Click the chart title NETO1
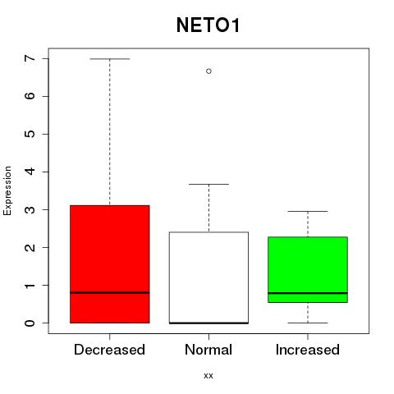(x=208, y=25)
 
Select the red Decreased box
(x=110, y=264)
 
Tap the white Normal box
(x=208, y=277)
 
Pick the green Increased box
(x=308, y=269)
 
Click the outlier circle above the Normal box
(x=208, y=71)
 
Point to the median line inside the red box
(x=110, y=293)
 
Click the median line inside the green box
(x=308, y=293)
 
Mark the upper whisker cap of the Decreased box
(x=110, y=59)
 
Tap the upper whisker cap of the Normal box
(x=208, y=184)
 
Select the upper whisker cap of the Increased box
(x=308, y=211)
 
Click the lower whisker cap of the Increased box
(x=308, y=323)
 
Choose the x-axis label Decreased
(x=109, y=350)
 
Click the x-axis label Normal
(x=208, y=350)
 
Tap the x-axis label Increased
(x=308, y=350)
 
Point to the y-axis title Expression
(x=7, y=190)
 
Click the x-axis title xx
(x=208, y=376)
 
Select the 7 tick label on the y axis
(x=30, y=58)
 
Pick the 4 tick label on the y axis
(x=30, y=172)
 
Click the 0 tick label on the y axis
(x=30, y=323)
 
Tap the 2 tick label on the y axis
(x=30, y=247)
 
